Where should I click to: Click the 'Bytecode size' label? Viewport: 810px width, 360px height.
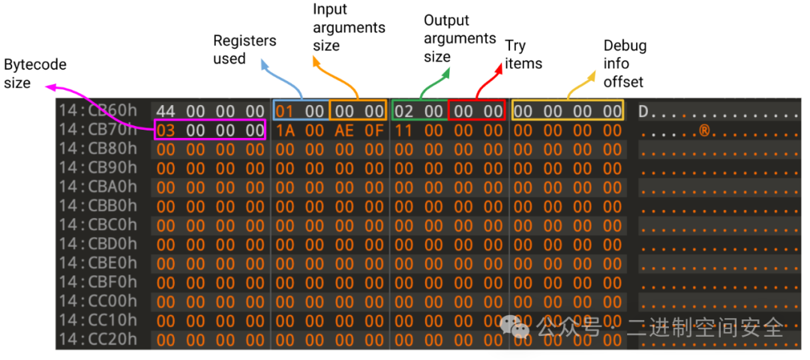[x=35, y=73]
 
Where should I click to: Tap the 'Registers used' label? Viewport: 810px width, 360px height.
[x=244, y=49]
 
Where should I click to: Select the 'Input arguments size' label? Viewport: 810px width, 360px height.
[x=349, y=28]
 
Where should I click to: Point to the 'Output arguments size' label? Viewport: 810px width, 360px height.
[x=460, y=38]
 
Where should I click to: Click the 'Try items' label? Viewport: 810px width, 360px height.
[x=523, y=55]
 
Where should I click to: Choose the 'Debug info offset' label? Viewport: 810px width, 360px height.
[x=624, y=64]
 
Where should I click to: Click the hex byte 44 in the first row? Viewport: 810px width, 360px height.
[x=166, y=112]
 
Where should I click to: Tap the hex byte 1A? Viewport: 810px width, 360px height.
[x=285, y=130]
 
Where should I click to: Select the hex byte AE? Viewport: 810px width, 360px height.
[x=344, y=130]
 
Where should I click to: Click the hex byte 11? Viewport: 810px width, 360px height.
[x=403, y=130]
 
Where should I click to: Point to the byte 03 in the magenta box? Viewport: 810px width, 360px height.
[x=166, y=130]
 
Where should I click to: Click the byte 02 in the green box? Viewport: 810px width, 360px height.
[x=403, y=112]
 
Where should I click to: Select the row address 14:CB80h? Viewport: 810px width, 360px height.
[x=98, y=149]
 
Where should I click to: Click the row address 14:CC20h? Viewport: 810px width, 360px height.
[x=98, y=339]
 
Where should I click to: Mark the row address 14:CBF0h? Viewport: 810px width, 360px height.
[x=98, y=282]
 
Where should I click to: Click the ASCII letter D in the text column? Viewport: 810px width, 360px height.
[x=643, y=112]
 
